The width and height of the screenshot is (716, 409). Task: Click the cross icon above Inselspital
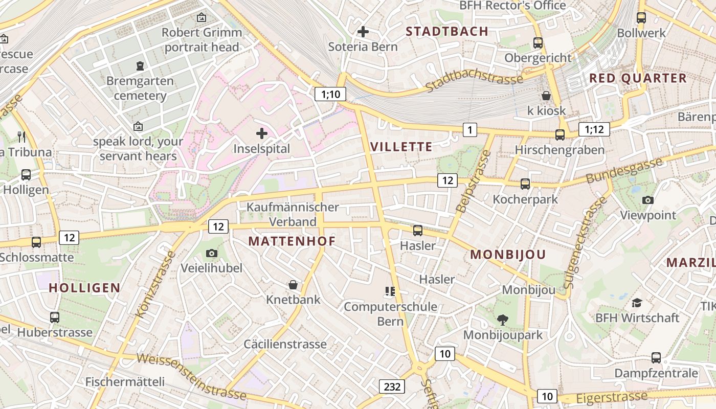point(262,134)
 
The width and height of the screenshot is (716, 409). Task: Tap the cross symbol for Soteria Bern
point(363,32)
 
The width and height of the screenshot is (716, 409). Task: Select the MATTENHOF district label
point(292,241)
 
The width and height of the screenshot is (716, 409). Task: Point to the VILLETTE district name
point(401,147)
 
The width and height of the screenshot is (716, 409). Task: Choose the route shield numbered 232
point(392,387)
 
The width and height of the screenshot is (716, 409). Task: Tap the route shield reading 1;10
point(330,94)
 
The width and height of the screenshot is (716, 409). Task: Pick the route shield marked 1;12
point(594,129)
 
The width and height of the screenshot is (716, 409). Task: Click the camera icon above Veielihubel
point(212,253)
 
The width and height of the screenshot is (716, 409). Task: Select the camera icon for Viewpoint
point(648,200)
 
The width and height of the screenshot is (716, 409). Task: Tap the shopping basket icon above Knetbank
point(293,285)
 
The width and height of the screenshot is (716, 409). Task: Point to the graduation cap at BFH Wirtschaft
point(637,303)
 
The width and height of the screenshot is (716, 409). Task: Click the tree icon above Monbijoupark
point(503,320)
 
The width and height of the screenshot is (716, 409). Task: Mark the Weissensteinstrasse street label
point(192,376)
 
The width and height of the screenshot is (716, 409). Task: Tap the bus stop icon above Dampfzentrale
point(656,358)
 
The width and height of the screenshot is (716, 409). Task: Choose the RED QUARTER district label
point(638,78)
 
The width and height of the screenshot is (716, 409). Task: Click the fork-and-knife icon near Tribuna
point(21,137)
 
